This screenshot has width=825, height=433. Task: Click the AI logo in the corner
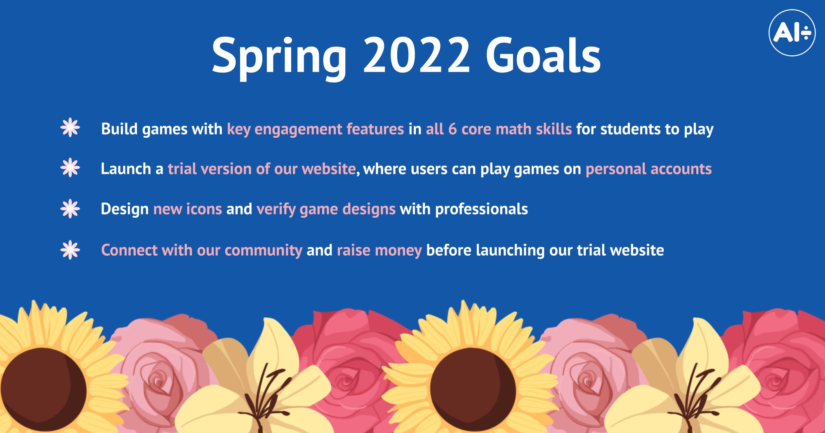point(792,33)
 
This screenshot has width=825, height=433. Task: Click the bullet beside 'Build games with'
point(70,127)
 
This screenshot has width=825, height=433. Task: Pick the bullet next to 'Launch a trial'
point(70,167)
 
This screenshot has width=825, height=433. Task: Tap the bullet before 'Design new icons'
point(70,209)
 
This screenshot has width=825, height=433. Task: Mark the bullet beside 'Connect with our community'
point(70,250)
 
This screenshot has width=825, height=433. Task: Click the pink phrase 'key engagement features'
point(315,129)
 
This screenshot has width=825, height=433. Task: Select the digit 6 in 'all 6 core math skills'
point(453,129)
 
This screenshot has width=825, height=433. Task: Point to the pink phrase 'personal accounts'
point(648,169)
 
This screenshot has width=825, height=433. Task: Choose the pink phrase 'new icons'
point(187,209)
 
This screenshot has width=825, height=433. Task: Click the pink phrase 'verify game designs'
point(326,209)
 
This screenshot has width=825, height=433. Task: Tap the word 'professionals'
point(481,209)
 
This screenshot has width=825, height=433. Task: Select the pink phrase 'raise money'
point(379,250)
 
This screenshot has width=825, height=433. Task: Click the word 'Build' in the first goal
point(119,129)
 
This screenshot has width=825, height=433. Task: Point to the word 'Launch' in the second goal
point(126,169)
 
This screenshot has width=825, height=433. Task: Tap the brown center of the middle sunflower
point(473,390)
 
